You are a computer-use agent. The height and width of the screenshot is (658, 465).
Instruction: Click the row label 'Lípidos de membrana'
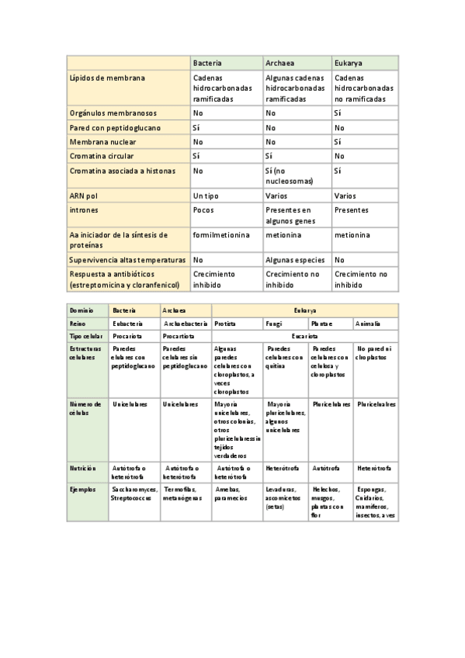pyautogui.click(x=107, y=78)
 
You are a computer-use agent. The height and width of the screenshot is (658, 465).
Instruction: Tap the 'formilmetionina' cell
pyautogui.click(x=221, y=235)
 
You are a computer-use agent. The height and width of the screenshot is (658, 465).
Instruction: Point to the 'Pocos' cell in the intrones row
pyautogui.click(x=203, y=210)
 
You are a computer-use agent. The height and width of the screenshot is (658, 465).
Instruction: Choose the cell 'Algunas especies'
pyautogui.click(x=295, y=260)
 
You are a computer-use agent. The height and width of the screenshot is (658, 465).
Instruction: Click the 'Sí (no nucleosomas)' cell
pyautogui.click(x=289, y=175)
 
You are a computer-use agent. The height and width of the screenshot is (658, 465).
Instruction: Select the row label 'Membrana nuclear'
pyautogui.click(x=105, y=142)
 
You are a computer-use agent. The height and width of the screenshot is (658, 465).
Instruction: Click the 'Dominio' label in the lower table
pyautogui.click(x=82, y=310)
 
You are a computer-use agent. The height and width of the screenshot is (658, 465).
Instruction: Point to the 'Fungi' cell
pyautogui.click(x=274, y=323)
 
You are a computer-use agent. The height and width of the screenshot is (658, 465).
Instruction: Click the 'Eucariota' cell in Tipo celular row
pyautogui.click(x=304, y=337)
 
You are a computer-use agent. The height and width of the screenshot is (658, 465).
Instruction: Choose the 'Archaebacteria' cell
pyautogui.click(x=186, y=323)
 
